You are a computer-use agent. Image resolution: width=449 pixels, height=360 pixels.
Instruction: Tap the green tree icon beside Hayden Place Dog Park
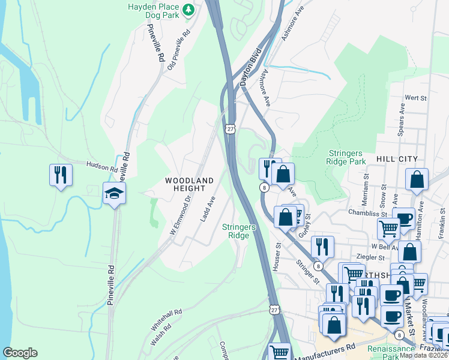pyautogui.click(x=188, y=9)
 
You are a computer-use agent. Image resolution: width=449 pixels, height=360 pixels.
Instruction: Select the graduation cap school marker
pyautogui.click(x=114, y=193)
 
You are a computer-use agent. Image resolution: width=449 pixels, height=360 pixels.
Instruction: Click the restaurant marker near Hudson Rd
pyautogui.click(x=61, y=175)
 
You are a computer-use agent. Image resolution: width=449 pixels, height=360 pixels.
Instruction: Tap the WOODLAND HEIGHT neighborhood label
pyautogui.click(x=189, y=184)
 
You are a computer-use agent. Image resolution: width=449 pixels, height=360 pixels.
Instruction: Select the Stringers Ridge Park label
pyautogui.click(x=346, y=157)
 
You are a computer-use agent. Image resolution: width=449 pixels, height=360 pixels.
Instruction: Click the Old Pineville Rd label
pyautogui.click(x=178, y=47)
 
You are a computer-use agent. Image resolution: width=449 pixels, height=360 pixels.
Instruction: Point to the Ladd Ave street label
pyautogui.click(x=207, y=209)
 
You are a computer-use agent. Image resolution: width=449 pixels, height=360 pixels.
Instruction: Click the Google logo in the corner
pyautogui.click(x=20, y=353)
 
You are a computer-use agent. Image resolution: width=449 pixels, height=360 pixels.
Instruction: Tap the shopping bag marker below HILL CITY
pyautogui.click(x=417, y=180)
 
